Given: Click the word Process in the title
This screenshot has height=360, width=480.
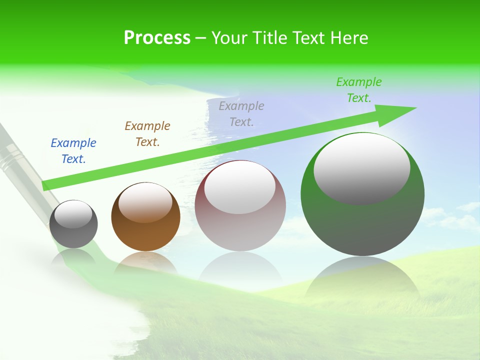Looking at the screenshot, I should (x=157, y=38).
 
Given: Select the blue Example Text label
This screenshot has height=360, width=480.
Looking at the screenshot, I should (x=73, y=151).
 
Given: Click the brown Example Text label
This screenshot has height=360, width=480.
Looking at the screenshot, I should (x=147, y=134).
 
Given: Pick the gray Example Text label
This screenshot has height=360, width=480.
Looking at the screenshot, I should (x=241, y=114).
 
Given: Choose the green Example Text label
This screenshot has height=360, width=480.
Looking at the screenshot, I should (x=359, y=90).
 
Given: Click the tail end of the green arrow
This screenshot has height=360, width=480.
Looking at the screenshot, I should (x=46, y=185).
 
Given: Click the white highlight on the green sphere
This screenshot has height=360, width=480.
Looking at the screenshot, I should (x=361, y=167).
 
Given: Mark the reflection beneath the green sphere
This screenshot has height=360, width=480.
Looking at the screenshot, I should (x=362, y=280).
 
